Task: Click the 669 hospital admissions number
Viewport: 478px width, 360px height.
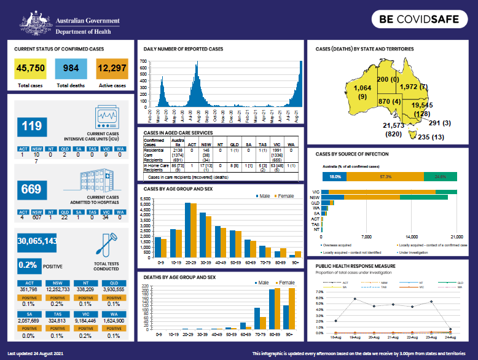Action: [32, 189]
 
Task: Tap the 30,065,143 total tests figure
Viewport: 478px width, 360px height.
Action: [37, 241]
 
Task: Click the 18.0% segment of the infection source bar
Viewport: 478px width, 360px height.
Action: [334, 176]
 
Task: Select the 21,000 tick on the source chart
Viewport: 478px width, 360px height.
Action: [456, 236]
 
